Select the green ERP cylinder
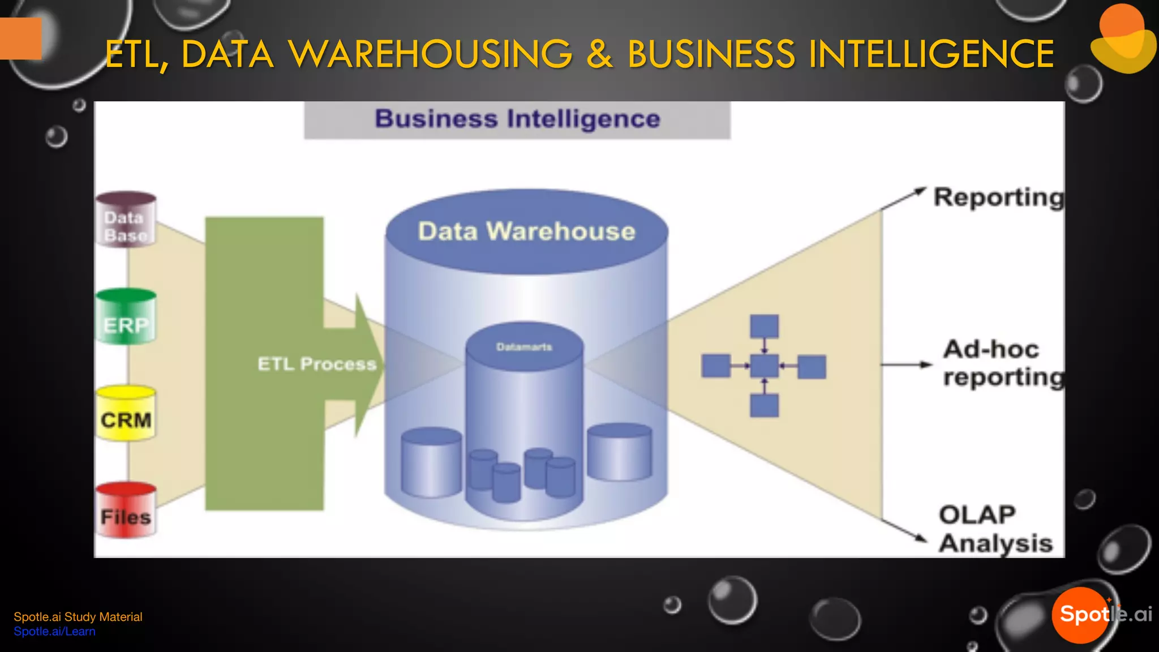point(126,318)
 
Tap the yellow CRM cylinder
point(126,414)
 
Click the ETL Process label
point(316,364)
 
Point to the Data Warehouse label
point(526,231)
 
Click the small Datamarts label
point(524,347)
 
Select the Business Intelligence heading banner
point(517,119)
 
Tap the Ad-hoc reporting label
point(1002,363)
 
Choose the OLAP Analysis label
point(995,529)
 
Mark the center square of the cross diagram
point(764,366)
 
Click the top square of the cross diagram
point(764,327)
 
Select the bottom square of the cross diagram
point(764,406)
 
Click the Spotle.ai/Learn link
point(54,632)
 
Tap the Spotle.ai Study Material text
point(78,617)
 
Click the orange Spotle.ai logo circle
point(1080,615)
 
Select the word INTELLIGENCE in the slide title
point(931,55)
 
